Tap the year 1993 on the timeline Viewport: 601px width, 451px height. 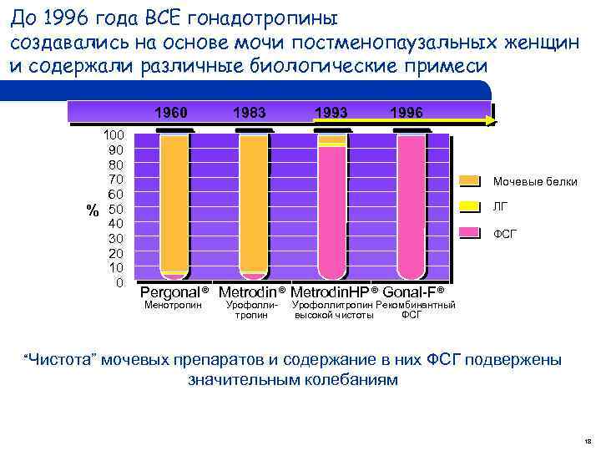(x=331, y=112)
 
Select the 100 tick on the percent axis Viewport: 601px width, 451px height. (x=114, y=134)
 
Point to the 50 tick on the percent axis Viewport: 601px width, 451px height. (x=117, y=208)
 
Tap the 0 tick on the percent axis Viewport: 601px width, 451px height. (x=120, y=282)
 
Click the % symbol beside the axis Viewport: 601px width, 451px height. (x=93, y=209)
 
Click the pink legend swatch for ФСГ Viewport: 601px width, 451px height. (x=470, y=233)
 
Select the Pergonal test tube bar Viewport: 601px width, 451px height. (x=174, y=205)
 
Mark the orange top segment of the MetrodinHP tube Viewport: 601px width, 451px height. (x=331, y=140)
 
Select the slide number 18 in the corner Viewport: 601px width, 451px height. (x=587, y=439)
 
